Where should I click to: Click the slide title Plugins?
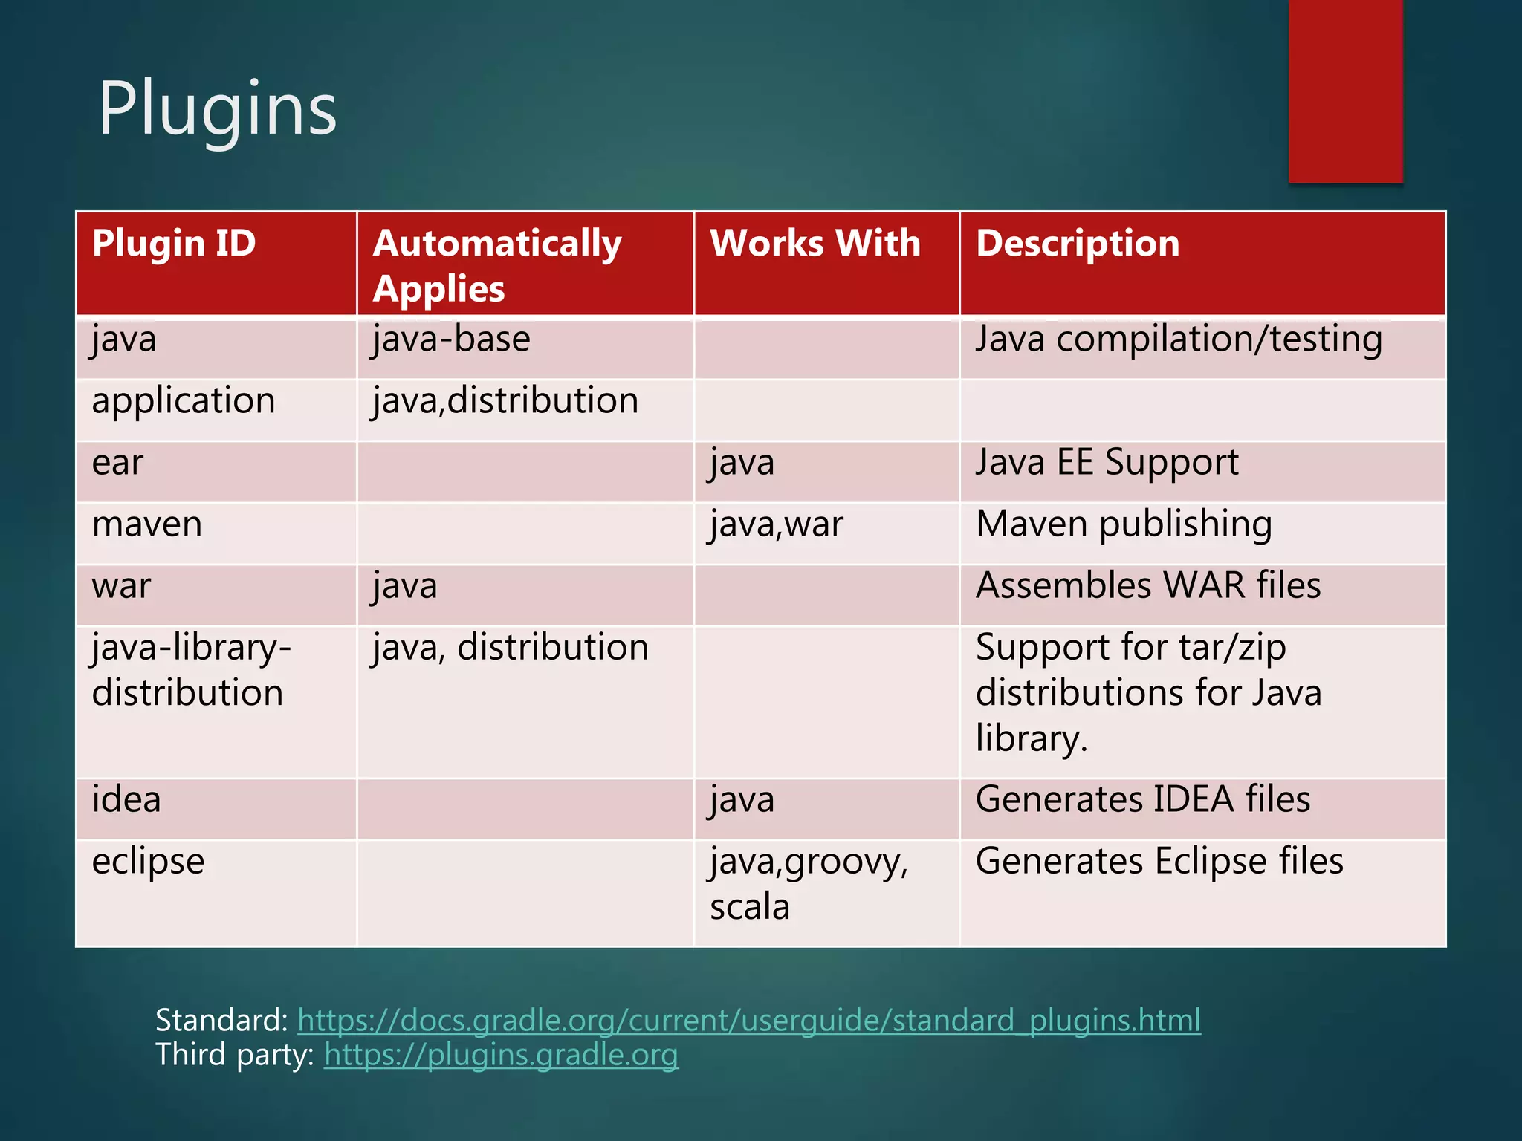pos(217,110)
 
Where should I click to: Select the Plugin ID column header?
pos(174,244)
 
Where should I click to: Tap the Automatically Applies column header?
pos(497,265)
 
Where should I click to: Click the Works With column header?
pos(815,244)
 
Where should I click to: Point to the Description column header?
pos(1078,244)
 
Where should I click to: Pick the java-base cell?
pos(452,340)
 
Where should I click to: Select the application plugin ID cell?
pos(184,401)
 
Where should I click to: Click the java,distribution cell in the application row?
pos(505,401)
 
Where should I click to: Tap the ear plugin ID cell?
pos(117,464)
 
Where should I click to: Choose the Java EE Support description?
pos(1107,463)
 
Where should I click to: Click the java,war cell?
pos(777,525)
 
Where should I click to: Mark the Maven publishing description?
pos(1124,524)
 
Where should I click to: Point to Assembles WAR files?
pos(1148,586)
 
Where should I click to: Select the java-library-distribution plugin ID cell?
pos(191,670)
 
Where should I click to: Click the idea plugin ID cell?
pos(126,800)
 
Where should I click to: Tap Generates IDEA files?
pos(1143,800)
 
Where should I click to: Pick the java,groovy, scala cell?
pos(809,884)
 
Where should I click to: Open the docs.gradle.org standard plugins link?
pos(748,1021)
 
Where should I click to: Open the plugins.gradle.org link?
pos(501,1055)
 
